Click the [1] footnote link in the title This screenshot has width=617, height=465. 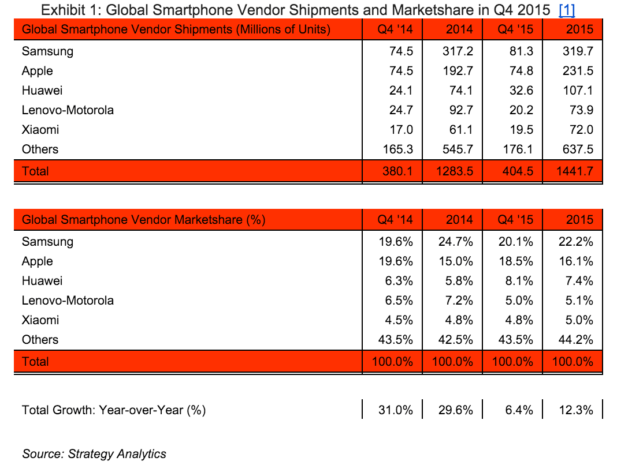point(567,10)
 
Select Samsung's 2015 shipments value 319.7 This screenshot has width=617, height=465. point(578,51)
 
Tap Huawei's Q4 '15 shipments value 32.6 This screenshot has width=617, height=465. point(519,91)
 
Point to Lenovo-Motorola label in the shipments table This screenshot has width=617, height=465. point(68,110)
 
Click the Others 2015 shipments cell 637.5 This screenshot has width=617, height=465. point(578,149)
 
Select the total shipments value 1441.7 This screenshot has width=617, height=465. point(575,171)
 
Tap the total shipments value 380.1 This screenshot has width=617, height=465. point(397,171)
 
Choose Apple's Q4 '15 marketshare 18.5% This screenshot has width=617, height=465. point(516,261)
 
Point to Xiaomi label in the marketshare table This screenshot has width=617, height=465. point(40,320)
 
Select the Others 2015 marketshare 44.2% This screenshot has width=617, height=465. point(575,340)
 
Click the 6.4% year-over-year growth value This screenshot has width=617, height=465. point(519,410)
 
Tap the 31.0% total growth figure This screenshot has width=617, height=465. point(396,410)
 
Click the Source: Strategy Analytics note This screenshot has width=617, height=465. point(94,454)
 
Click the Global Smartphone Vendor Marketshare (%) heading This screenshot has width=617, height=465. point(143,220)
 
